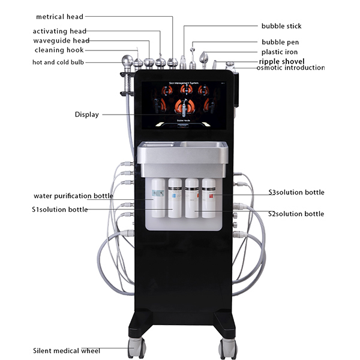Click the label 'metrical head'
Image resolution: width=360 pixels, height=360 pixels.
tap(59, 17)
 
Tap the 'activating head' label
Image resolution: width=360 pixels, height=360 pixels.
tap(59, 31)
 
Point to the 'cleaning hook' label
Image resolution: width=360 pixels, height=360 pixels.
tap(59, 50)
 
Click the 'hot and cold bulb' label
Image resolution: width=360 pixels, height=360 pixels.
tap(58, 62)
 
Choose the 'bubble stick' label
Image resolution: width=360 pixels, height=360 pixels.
tap(281, 26)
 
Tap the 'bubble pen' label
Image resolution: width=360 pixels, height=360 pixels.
tap(280, 42)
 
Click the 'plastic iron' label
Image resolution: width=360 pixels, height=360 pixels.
tap(280, 52)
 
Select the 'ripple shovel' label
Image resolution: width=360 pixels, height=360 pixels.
tap(281, 61)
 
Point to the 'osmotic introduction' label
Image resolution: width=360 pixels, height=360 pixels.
tap(290, 68)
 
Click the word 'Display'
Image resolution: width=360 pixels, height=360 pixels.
tap(86, 114)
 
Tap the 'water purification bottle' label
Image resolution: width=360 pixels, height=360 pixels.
tap(73, 196)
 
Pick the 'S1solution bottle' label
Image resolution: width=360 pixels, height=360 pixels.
tap(59, 209)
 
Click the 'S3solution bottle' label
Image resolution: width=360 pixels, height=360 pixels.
tap(296, 193)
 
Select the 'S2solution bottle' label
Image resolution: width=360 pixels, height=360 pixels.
tap(296, 214)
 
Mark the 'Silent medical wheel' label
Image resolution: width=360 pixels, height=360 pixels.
tap(67, 350)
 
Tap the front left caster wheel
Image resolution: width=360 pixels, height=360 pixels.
tap(137, 345)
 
